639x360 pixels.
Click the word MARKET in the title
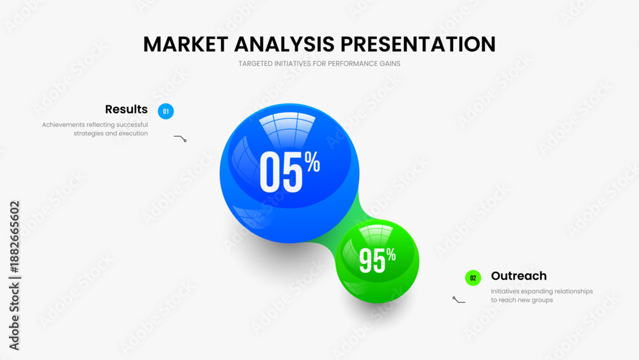click(185, 44)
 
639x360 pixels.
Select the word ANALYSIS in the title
click(284, 44)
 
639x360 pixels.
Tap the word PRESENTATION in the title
click(418, 44)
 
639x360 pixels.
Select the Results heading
click(127, 109)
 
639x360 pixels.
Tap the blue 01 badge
click(166, 111)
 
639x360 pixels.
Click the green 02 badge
click(473, 278)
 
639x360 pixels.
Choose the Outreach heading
click(519, 276)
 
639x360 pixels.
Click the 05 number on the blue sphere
click(281, 172)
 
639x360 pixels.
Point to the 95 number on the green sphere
click(372, 261)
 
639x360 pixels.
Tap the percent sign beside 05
click(312, 162)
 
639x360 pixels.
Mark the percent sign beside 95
click(391, 254)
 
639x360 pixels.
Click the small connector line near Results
click(181, 137)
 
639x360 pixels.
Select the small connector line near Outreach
click(458, 301)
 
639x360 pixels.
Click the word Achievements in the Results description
click(63, 125)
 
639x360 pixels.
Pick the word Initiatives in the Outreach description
click(505, 291)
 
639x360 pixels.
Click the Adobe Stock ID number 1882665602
click(15, 237)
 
